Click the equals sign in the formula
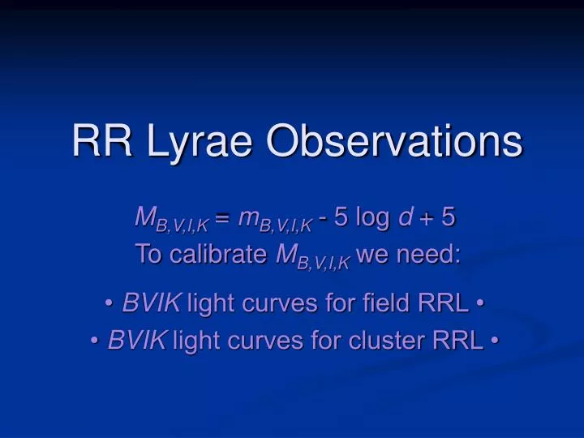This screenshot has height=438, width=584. (224, 217)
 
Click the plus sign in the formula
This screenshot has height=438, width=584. (427, 218)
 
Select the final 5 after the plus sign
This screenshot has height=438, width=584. (449, 217)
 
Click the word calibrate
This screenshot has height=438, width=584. (217, 255)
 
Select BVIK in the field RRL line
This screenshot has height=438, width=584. (152, 304)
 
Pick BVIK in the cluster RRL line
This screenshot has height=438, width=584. (137, 341)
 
